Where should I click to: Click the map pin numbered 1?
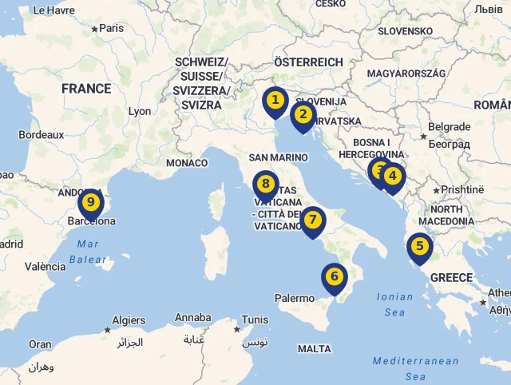(x=275, y=101)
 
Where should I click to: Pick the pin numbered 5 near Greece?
(x=418, y=248)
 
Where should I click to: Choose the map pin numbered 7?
(x=313, y=220)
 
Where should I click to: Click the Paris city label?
(x=111, y=28)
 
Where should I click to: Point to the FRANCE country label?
(x=86, y=89)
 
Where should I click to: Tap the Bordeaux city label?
(x=42, y=135)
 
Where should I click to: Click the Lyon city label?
(x=139, y=112)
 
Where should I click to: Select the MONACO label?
(x=187, y=163)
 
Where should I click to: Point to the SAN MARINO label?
(x=278, y=157)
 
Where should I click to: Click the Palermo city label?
(x=295, y=298)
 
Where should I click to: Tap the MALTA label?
(x=314, y=349)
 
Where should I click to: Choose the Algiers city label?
(x=129, y=320)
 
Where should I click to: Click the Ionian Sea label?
(x=394, y=304)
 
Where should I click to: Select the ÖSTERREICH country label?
(x=308, y=62)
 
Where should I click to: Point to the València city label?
(x=45, y=267)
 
